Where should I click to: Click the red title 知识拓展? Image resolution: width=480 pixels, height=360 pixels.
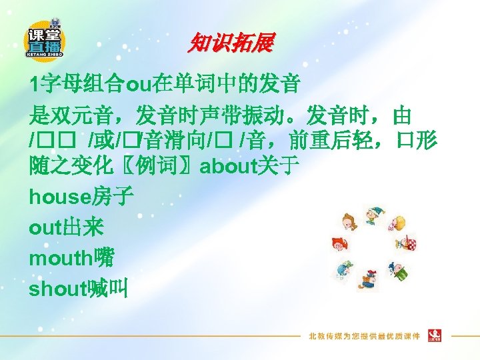click(230, 44)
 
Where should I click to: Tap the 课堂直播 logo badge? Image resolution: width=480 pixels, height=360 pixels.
click(45, 39)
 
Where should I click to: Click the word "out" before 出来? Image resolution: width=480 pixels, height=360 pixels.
click(45, 227)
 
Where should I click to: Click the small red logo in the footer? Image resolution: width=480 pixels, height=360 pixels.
click(436, 335)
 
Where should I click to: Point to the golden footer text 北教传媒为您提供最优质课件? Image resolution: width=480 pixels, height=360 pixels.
click(364, 335)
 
